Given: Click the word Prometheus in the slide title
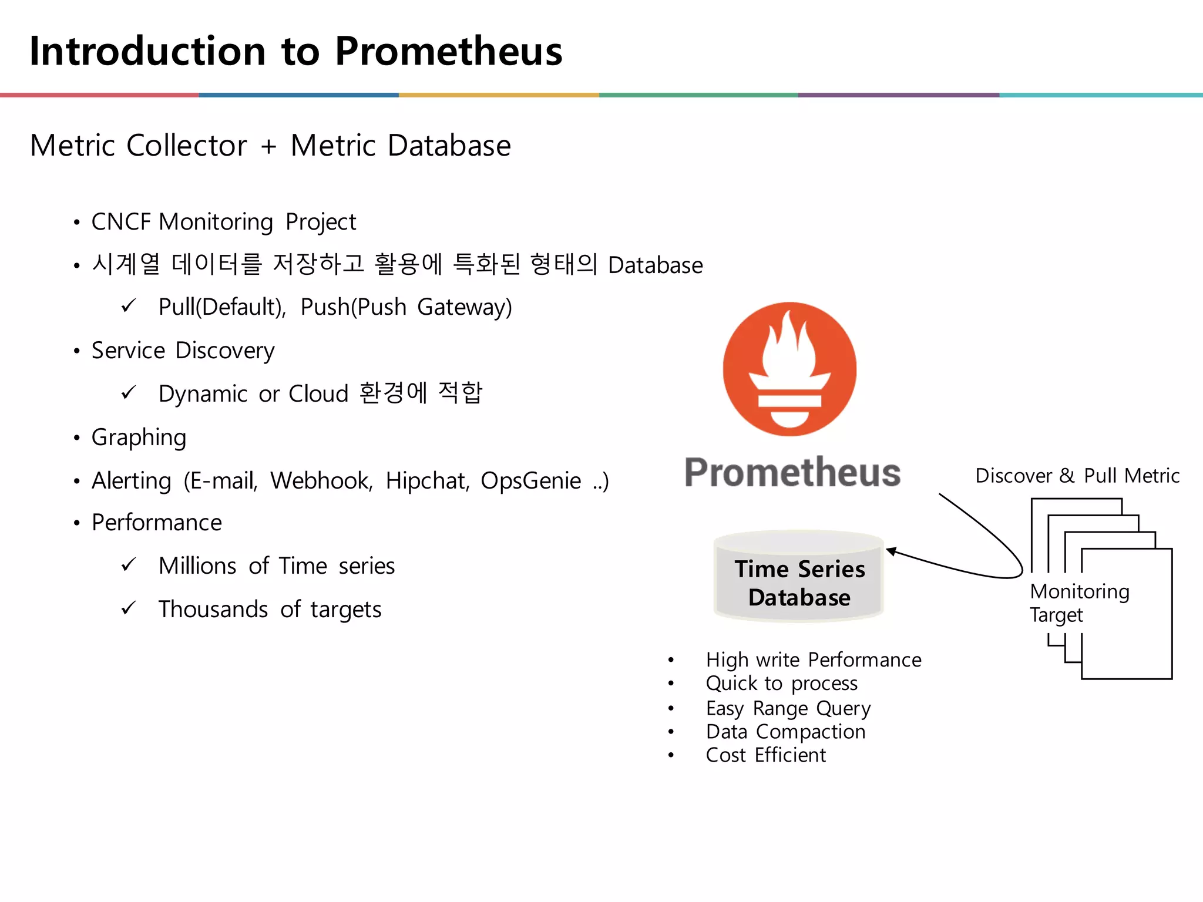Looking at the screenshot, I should (x=449, y=51).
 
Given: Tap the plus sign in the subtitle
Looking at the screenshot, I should (x=268, y=146).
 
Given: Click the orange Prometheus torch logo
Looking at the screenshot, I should (x=789, y=369).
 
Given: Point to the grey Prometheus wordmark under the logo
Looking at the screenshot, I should (x=792, y=472).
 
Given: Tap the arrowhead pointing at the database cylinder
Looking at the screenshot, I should (x=891, y=551).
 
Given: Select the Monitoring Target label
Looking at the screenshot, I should (x=1079, y=603).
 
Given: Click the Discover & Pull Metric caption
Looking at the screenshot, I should (x=1077, y=476).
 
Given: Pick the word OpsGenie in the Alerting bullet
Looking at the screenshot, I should (x=530, y=481).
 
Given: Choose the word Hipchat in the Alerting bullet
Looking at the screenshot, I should (x=427, y=481).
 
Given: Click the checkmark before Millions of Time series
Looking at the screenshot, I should (x=129, y=565).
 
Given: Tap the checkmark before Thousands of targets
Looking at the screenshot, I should (x=129, y=608).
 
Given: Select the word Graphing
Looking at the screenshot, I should (x=139, y=437).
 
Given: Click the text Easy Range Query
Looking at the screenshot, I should (x=788, y=708).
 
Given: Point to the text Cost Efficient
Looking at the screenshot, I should (x=766, y=755).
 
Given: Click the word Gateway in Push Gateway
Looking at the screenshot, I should (x=464, y=307).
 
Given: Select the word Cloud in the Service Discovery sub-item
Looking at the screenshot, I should (x=319, y=394).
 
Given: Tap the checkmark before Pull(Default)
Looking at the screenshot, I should (x=129, y=306).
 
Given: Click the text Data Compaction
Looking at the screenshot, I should (x=785, y=732).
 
